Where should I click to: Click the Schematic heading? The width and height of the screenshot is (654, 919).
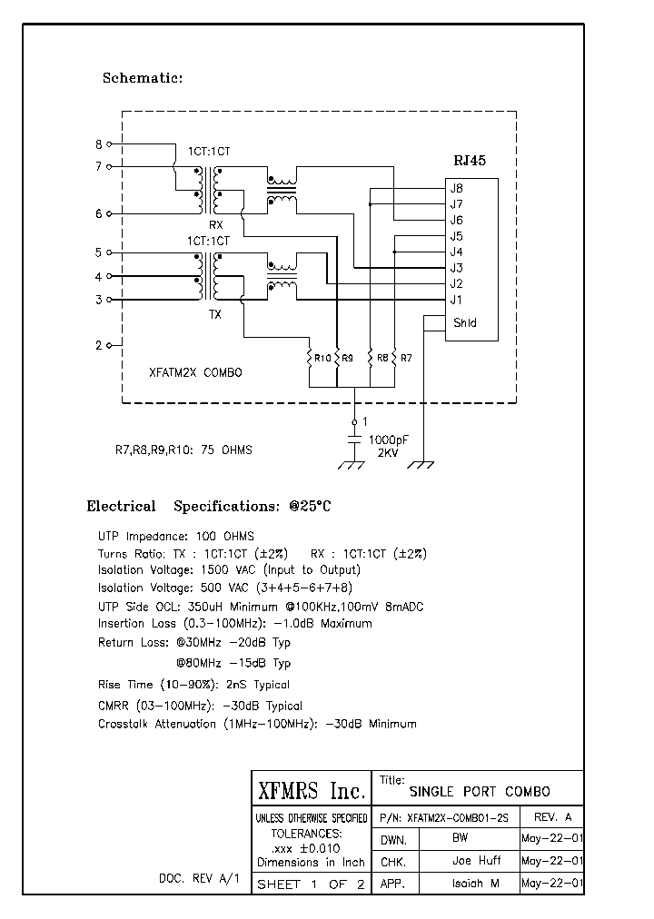[x=143, y=78]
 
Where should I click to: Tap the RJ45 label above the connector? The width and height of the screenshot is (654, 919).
[x=470, y=160]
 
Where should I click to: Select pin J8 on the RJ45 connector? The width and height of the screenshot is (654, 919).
[x=456, y=188]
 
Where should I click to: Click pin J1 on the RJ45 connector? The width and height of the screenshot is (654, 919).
[x=456, y=300]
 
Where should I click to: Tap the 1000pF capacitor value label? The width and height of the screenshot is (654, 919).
[x=388, y=440]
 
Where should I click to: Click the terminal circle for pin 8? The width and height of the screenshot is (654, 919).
[x=110, y=143]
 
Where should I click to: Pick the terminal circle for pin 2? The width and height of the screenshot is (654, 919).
[x=110, y=345]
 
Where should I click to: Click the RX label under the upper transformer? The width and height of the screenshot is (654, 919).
[x=215, y=223]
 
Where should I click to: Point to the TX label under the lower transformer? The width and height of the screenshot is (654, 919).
[x=215, y=315]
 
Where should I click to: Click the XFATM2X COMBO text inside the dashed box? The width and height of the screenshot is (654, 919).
[x=195, y=372]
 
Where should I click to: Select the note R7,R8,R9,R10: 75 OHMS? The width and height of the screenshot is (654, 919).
[x=183, y=450]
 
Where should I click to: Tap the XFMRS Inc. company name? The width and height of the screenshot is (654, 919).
[x=312, y=790]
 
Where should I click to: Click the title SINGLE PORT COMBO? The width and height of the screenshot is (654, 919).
[x=480, y=791]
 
